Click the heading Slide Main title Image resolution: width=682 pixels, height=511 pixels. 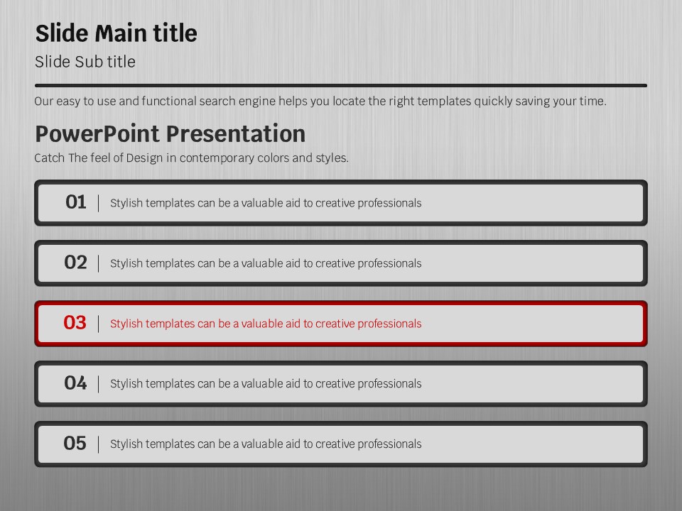116,33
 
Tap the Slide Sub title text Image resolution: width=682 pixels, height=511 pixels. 85,62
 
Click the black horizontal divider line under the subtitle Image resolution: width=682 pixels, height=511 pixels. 341,86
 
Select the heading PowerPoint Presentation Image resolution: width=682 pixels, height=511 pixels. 170,133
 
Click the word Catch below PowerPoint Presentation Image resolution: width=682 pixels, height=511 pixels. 50,158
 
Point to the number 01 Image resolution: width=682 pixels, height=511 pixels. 76,202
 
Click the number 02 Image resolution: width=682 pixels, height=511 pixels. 75,263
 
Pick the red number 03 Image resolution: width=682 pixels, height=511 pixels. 75,322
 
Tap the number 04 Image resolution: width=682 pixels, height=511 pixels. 75,383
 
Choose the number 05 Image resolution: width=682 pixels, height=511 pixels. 75,443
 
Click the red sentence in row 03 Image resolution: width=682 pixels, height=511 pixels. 266,324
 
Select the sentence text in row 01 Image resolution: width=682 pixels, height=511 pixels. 266,203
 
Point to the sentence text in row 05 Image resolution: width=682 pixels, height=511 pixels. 266,444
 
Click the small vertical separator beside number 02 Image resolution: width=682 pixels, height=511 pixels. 99,263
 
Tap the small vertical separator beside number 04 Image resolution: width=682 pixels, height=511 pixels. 99,384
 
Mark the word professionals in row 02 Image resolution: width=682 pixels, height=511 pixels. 389,264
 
